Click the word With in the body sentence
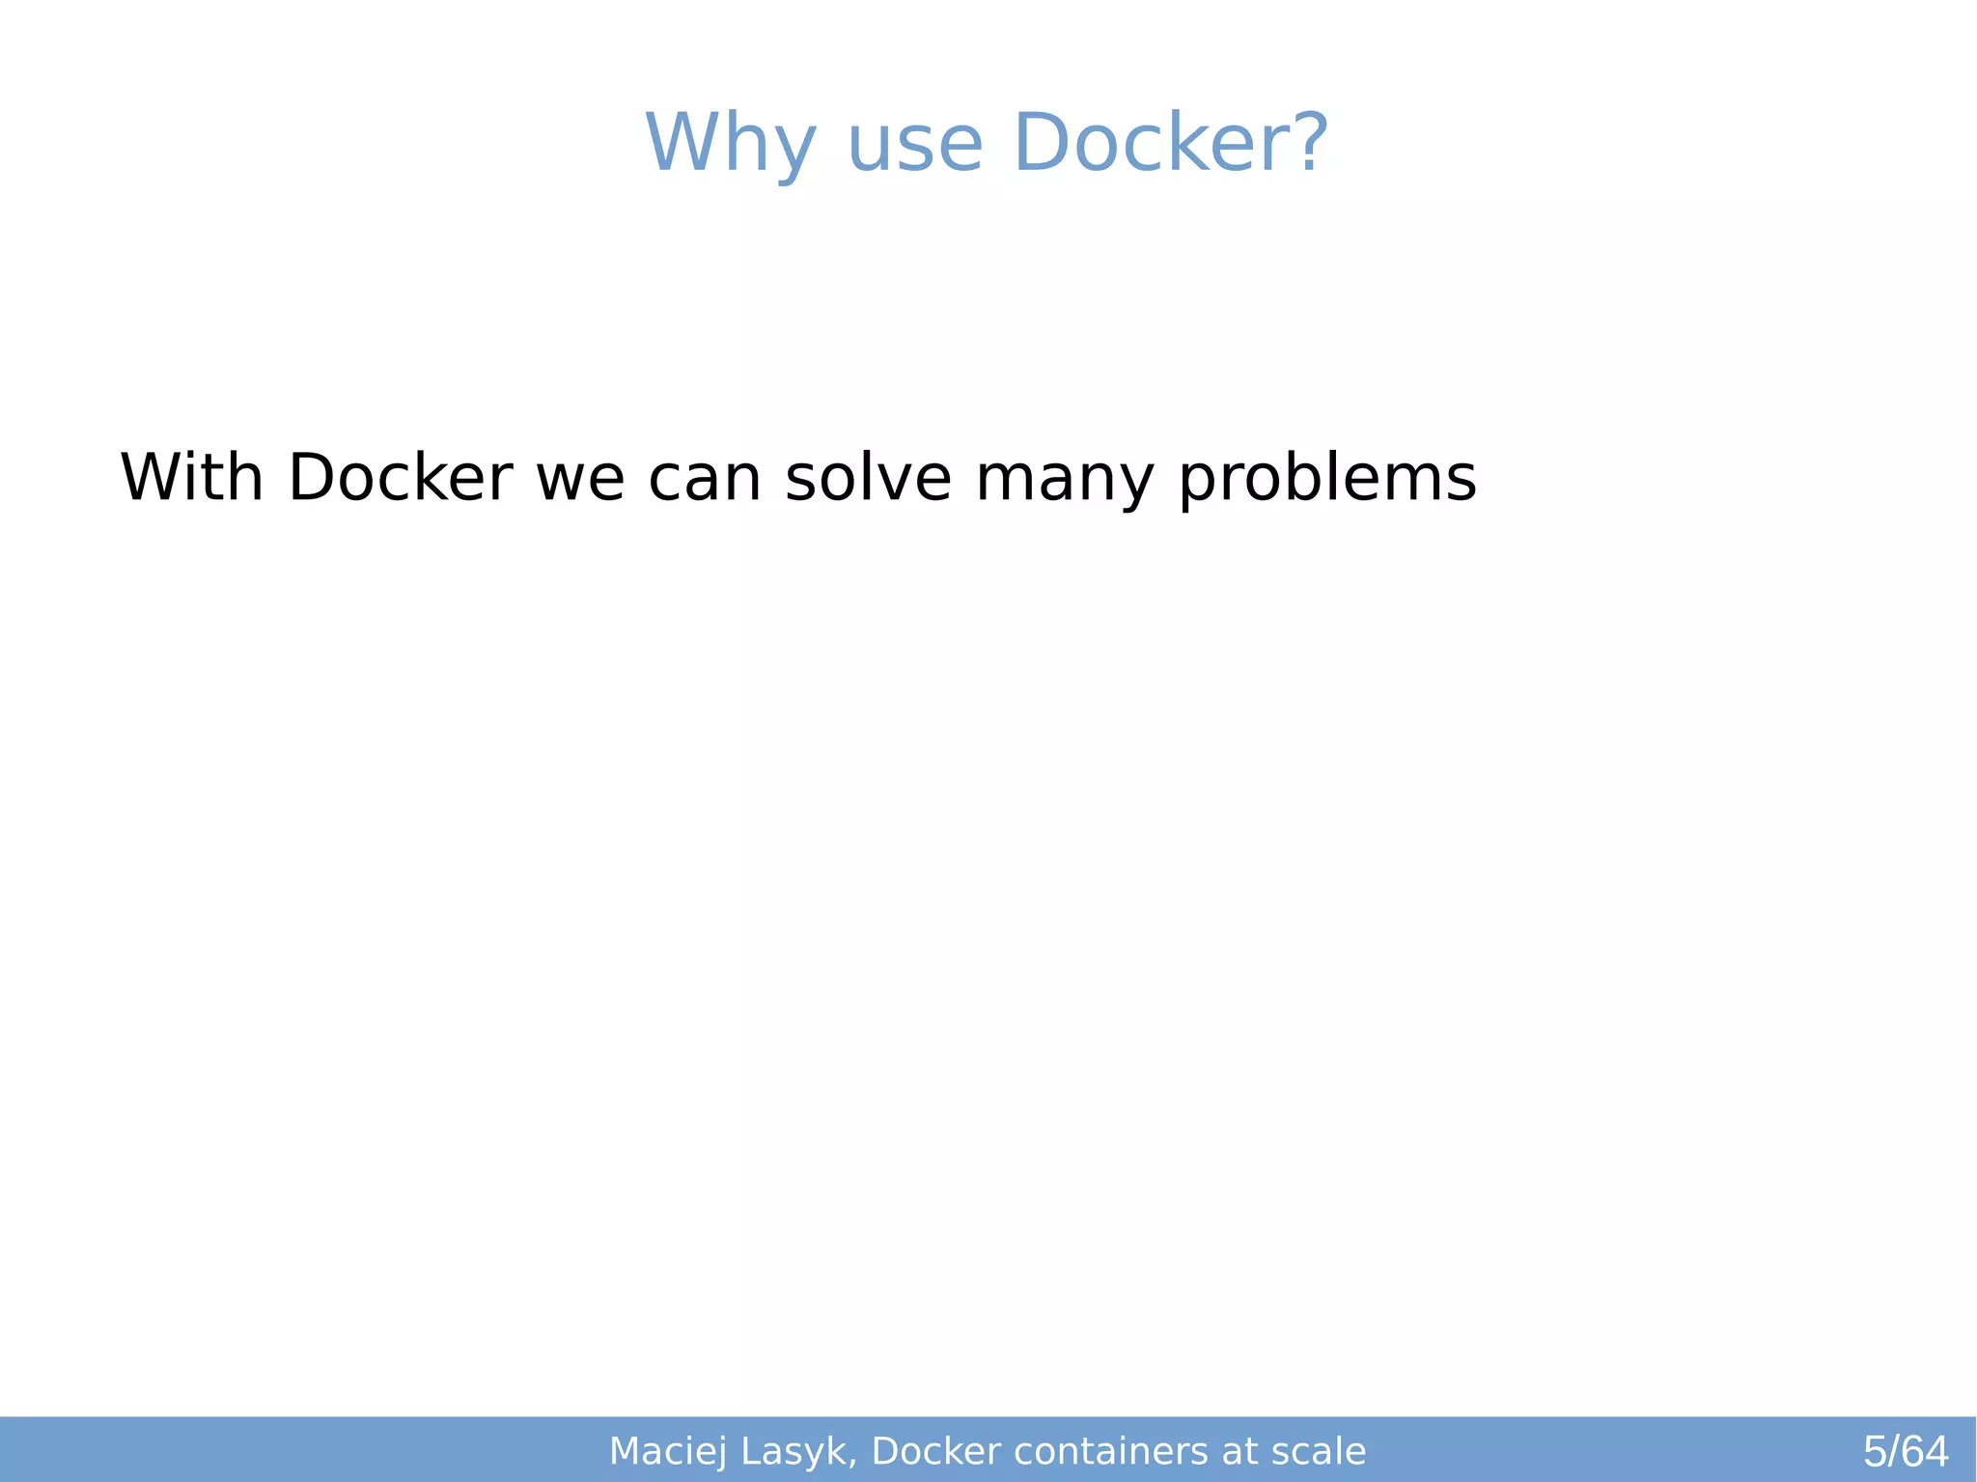point(191,478)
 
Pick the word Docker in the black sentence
point(400,478)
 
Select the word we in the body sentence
point(580,480)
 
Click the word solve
point(868,478)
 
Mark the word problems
point(1327,480)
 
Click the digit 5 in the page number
point(1875,1452)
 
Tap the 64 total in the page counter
point(1926,1452)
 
